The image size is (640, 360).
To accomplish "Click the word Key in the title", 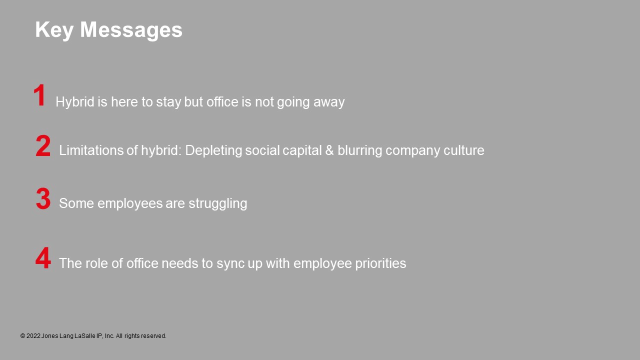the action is click(x=54, y=30).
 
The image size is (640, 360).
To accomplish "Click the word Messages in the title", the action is click(x=131, y=29).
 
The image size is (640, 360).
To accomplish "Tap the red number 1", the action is click(x=39, y=95).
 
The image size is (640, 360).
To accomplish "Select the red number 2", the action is click(x=43, y=146).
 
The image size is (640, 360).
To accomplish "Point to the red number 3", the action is click(x=43, y=198).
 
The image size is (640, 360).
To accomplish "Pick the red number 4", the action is click(x=43, y=258).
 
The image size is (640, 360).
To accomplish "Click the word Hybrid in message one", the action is click(x=75, y=101).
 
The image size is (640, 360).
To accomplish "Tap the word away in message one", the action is click(x=329, y=102).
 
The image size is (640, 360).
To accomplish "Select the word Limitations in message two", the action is click(x=91, y=150).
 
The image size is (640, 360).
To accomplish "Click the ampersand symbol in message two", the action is click(x=329, y=150).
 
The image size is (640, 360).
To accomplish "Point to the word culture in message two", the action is click(x=463, y=150).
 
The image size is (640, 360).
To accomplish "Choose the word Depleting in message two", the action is click(x=213, y=151).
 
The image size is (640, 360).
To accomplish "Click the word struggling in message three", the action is click(x=217, y=204).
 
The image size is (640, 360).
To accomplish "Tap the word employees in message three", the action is click(x=130, y=204).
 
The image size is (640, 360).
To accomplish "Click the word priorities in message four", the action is click(x=380, y=263).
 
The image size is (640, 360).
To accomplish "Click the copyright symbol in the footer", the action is click(x=23, y=336).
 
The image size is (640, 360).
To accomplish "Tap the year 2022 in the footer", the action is click(x=33, y=336).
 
